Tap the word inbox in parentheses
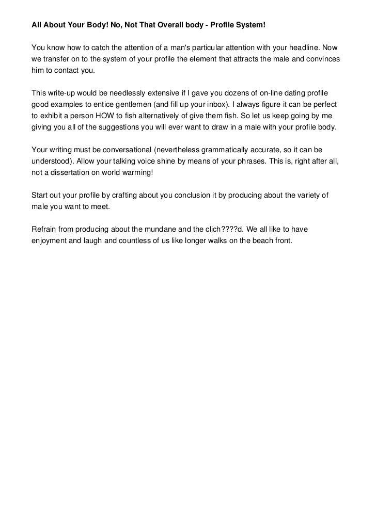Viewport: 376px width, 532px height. pos(209,105)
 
